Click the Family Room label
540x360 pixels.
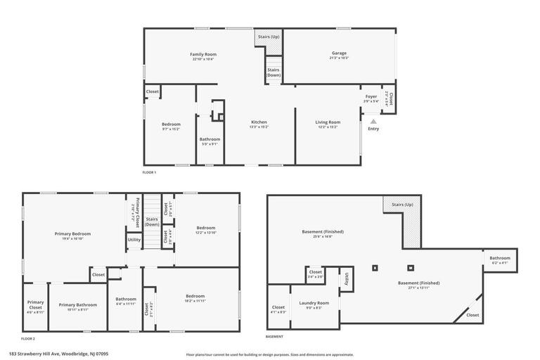coord(203,54)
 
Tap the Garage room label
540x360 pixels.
coord(339,53)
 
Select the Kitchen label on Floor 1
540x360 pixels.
coord(259,122)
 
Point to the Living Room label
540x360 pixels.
coord(328,122)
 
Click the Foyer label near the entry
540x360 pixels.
coord(371,96)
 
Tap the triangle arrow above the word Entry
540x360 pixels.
coord(373,121)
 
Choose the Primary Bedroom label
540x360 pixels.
coord(72,233)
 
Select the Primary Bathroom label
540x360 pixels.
coord(77,304)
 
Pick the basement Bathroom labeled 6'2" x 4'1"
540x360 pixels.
coord(500,258)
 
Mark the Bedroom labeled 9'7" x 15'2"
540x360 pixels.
coord(171,124)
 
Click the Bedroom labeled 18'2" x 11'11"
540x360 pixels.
coord(195,296)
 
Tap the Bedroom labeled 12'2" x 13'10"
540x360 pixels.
coord(205,228)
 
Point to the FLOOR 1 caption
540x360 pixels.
coord(149,172)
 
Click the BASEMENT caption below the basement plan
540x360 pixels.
coord(274,337)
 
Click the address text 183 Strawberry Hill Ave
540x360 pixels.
coord(59,354)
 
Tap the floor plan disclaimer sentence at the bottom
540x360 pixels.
coord(270,354)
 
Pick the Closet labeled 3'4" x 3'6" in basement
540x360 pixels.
coord(316,272)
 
